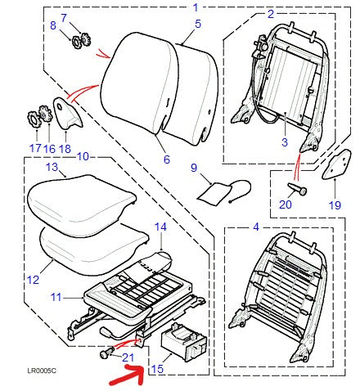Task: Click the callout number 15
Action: pos(156,370)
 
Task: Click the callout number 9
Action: pos(195,168)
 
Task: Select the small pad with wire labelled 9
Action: pos(215,195)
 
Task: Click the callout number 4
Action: pos(256,226)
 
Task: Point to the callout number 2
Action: pos(271,14)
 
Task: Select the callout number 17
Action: pos(35,148)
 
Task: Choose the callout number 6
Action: pos(165,160)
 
